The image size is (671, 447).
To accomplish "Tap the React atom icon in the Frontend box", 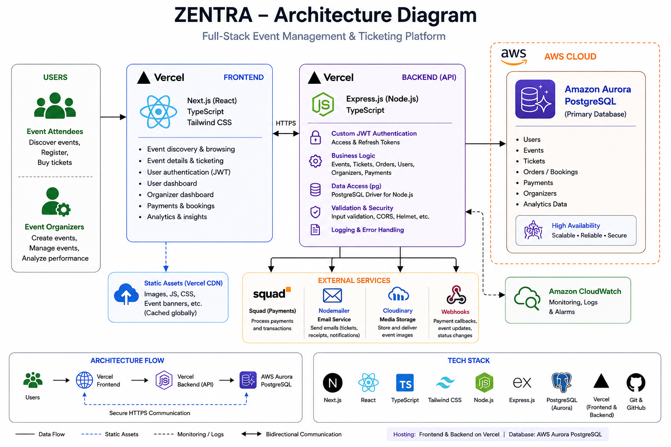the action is tap(159, 112).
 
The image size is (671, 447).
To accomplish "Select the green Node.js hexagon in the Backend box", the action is tap(323, 104).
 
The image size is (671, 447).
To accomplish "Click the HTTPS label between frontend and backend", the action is tap(285, 123).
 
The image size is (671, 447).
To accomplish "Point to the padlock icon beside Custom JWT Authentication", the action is tap(315, 138).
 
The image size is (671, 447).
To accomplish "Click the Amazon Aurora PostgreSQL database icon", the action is tap(535, 99).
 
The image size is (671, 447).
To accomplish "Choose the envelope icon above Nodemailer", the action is tap(332, 296).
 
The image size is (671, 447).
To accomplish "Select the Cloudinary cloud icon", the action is tap(398, 294).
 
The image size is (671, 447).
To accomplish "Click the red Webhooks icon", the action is tap(456, 295).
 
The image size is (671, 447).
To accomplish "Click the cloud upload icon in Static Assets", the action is tap(126, 294).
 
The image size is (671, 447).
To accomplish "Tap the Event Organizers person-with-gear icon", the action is tap(56, 202).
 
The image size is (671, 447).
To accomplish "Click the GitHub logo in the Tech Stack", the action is tap(636, 382).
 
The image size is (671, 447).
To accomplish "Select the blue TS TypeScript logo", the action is tap(405, 383).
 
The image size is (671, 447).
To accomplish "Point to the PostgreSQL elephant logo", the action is tap(562, 382).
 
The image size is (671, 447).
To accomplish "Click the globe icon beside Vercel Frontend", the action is tap(84, 380).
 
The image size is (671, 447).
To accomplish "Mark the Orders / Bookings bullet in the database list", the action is tap(547, 172).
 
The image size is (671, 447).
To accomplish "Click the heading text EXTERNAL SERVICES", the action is tap(354, 281).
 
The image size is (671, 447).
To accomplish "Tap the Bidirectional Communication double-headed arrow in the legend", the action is tap(251, 434).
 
